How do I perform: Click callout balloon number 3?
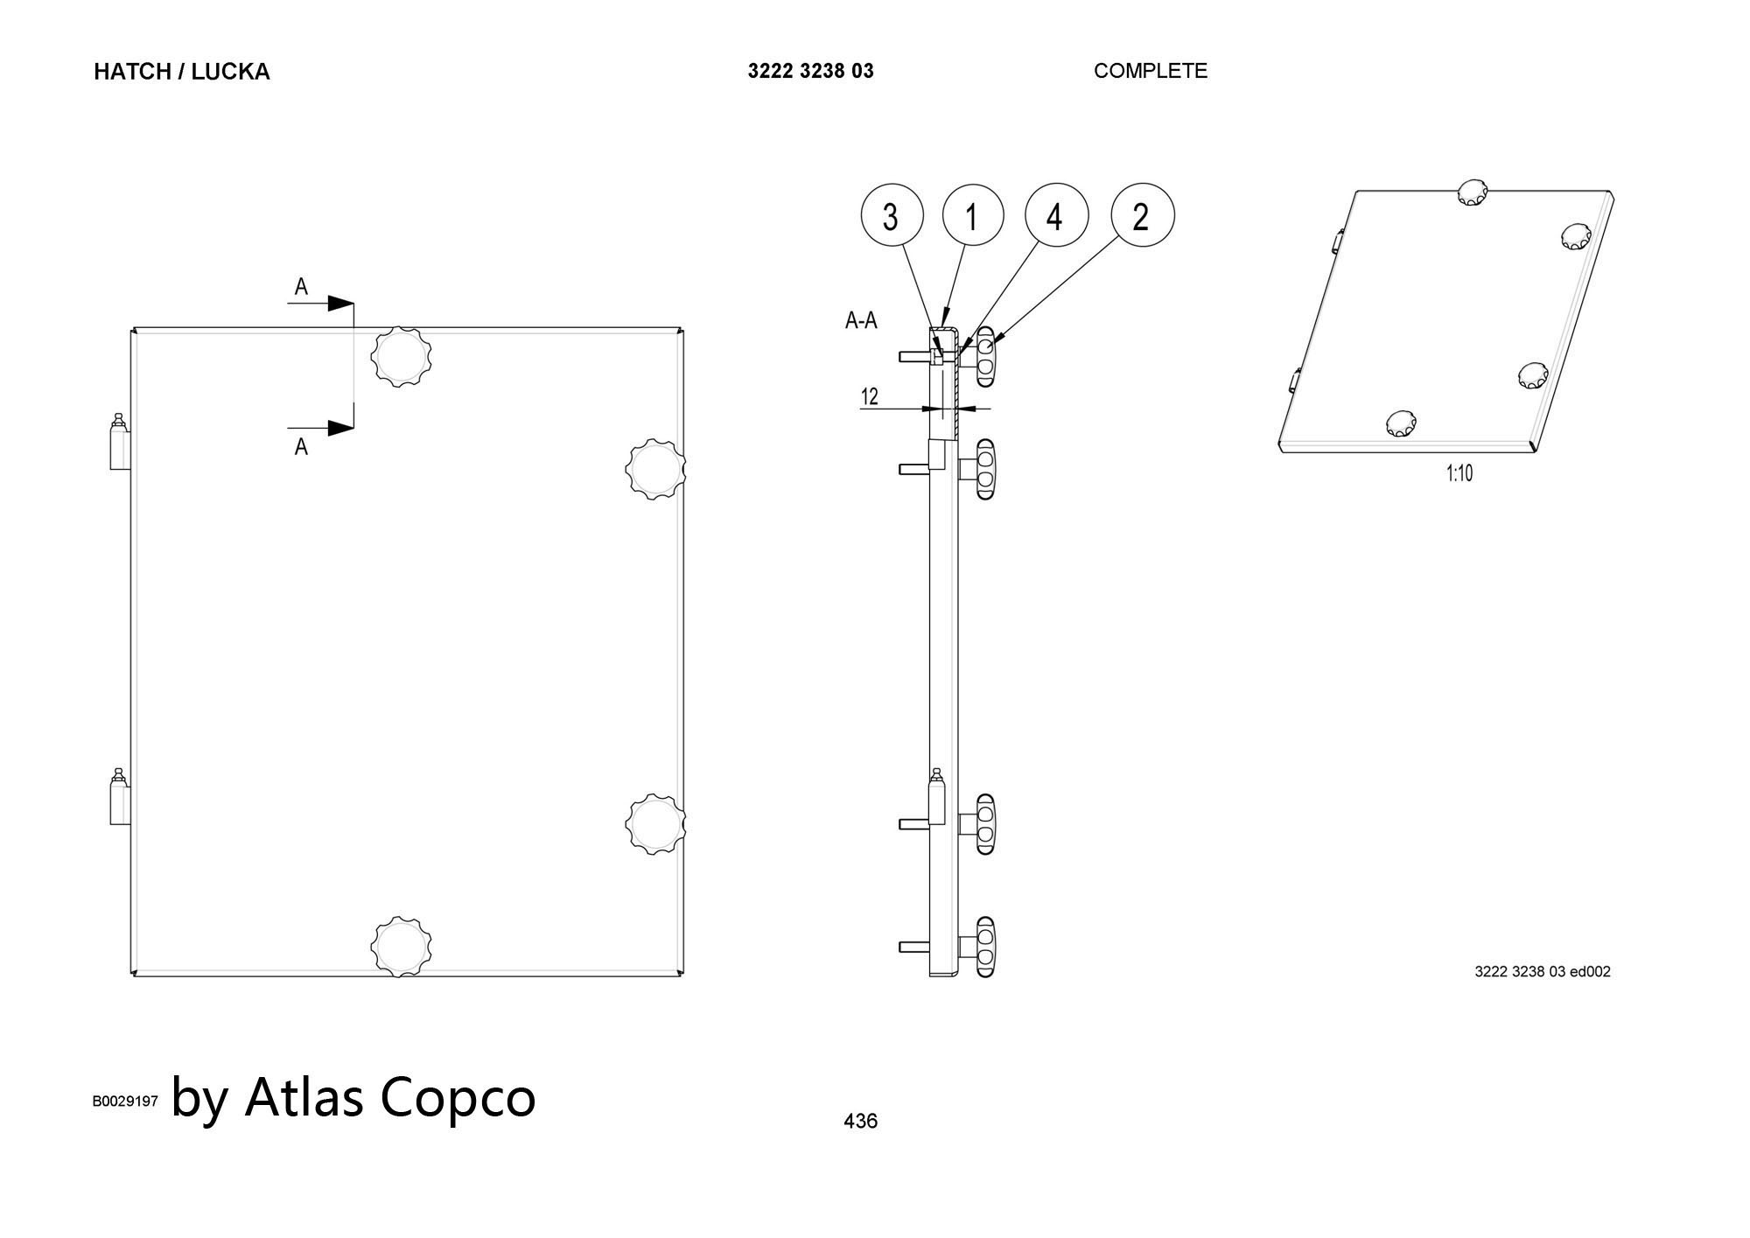892,215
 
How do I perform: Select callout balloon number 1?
972,215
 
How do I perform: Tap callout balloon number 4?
1055,215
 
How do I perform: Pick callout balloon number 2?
1142,215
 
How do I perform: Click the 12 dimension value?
869,397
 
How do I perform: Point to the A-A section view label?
861,321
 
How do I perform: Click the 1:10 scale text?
1459,473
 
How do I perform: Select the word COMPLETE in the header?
1150,71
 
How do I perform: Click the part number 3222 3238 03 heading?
810,71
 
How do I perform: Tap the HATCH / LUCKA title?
181,72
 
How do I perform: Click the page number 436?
860,1121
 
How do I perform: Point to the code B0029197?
125,1101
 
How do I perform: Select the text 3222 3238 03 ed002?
1542,971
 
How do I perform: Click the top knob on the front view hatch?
402,356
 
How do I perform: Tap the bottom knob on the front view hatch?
402,947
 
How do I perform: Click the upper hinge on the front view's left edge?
119,443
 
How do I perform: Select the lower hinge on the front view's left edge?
119,797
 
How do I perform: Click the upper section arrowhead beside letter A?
340,304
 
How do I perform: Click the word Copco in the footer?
458,1097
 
